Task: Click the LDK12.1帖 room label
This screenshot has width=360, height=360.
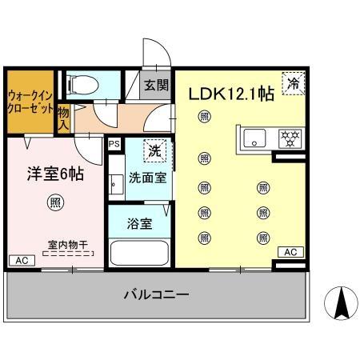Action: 231,94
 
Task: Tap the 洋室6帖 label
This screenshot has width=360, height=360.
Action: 52,171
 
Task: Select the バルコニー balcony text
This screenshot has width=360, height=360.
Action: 156,295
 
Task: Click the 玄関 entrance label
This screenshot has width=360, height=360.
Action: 157,86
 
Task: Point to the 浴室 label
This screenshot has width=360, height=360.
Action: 139,225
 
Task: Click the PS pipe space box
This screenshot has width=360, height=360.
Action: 114,145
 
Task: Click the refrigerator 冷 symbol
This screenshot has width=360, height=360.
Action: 294,82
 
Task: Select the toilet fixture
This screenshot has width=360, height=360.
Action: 80,82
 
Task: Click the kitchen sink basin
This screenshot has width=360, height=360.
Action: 254,138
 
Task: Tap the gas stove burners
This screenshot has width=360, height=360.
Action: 288,138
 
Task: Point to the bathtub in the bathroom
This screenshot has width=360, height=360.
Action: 139,254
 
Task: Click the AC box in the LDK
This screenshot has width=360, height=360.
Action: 290,252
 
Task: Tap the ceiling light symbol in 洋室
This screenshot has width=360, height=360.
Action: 54,202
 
